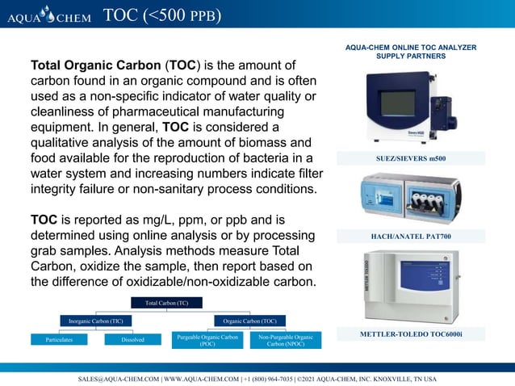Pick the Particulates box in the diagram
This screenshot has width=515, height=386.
[59, 340]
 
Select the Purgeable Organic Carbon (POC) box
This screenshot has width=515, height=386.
[207, 340]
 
